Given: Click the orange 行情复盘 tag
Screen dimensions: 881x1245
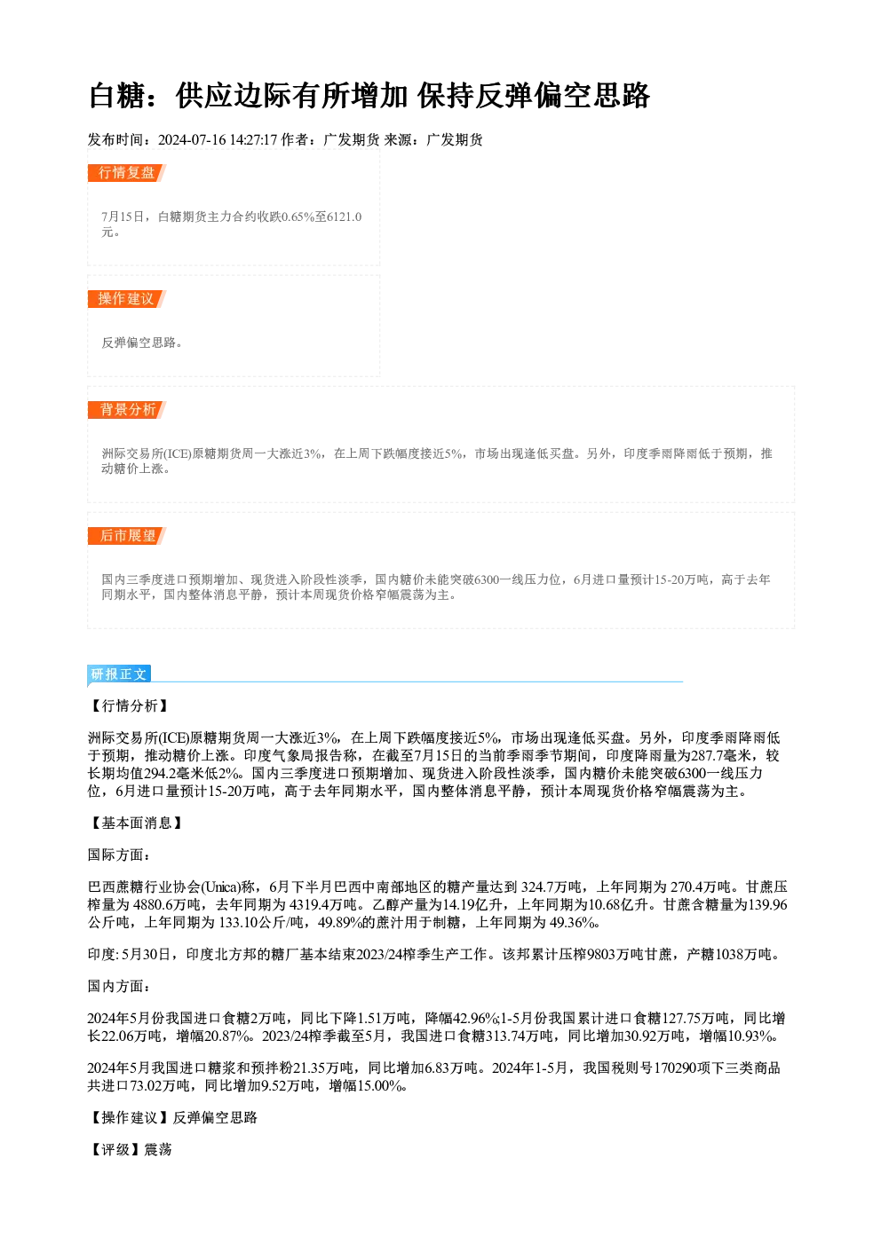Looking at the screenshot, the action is (x=126, y=173).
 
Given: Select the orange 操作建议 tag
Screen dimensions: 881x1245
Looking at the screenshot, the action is (x=126, y=299).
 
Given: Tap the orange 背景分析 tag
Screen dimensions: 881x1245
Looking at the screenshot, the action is (x=126, y=410).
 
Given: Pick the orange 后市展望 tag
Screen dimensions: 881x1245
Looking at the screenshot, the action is (x=126, y=536).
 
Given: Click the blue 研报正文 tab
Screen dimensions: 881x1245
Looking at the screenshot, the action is (x=119, y=674).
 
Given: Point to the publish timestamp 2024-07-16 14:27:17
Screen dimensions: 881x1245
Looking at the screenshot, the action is (x=218, y=139).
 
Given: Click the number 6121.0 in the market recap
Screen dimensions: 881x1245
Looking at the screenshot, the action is (x=345, y=217).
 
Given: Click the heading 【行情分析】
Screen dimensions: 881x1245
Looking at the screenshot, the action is (x=129, y=705).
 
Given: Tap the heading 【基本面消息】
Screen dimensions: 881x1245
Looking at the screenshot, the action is (x=136, y=823).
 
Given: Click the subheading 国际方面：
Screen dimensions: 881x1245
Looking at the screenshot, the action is (x=119, y=855).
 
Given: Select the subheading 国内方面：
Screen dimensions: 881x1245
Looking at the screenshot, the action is (x=119, y=987).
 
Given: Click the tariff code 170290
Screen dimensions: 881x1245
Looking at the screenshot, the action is (x=674, y=1068).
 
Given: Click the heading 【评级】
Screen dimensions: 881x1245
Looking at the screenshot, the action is (x=115, y=1149).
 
